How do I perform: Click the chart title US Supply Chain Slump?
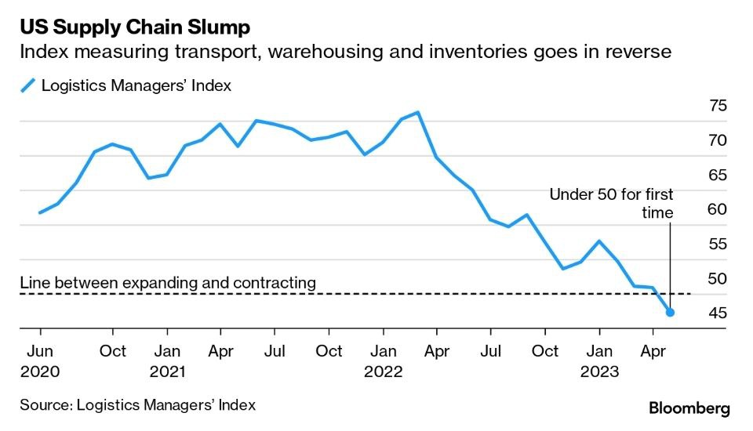tap(135, 28)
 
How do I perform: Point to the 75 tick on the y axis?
tap(718, 107)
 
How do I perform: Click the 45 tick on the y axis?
tap(718, 313)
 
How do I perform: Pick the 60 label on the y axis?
tap(718, 210)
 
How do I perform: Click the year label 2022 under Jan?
tap(383, 371)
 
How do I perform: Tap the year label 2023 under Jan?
tap(600, 371)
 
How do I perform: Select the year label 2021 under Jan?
tap(166, 371)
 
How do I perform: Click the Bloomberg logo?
tap(689, 408)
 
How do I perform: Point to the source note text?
tap(138, 405)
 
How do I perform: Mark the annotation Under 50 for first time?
tap(611, 203)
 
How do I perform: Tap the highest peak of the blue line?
tap(418, 112)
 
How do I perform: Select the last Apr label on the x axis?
tap(653, 351)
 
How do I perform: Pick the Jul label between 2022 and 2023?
tap(491, 351)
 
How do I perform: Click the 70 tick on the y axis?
tap(718, 141)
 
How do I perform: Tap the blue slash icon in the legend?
tap(28, 86)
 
